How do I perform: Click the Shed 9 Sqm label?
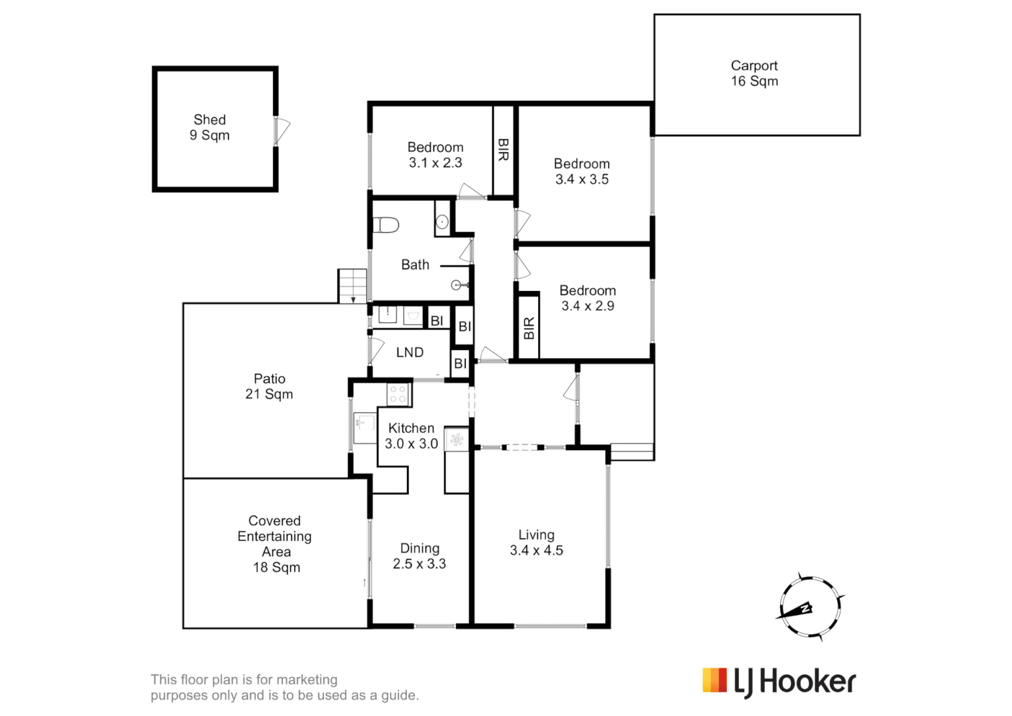pos(209,127)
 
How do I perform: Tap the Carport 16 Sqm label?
pos(754,74)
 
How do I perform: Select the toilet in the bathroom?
pos(385,225)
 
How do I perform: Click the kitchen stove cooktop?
pos(398,394)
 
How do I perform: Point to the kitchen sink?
pos(364,422)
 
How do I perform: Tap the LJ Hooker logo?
pos(779,682)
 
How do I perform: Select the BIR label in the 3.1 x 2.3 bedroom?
pos(503,150)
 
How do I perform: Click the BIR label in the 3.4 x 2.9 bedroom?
pos(528,328)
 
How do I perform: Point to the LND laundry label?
pos(410,353)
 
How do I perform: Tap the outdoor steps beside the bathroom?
pos(352,286)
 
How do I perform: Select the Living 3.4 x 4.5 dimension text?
pos(536,550)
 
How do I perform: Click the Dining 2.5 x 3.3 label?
pos(420,556)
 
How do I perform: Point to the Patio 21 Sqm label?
pos(269,387)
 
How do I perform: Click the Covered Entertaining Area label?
pos(275,544)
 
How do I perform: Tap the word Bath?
pos(415,265)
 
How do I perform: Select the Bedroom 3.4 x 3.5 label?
pos(582,172)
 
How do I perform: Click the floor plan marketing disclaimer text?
pos(284,687)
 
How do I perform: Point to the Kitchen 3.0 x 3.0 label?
pos(412,436)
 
